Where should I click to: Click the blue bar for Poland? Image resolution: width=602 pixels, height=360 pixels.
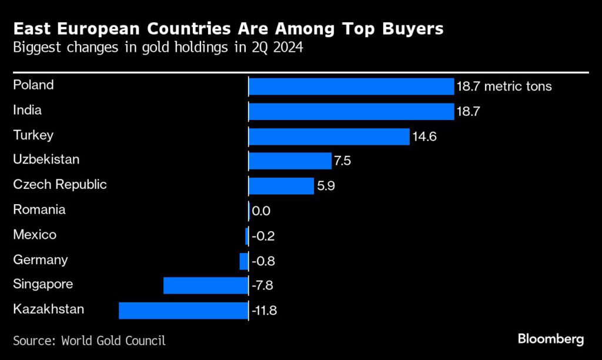click(351, 86)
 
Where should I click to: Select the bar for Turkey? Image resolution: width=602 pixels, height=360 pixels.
click(329, 136)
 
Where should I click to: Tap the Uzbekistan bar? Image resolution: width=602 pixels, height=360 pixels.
click(290, 161)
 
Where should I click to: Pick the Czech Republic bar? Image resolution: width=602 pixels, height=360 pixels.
click(281, 186)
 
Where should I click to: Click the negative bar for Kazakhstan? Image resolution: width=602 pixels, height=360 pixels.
click(183, 311)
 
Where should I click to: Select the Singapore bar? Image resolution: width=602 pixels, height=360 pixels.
click(206, 286)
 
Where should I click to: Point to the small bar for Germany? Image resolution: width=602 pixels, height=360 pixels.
click(244, 261)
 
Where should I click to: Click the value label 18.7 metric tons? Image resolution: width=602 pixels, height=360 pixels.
click(504, 86)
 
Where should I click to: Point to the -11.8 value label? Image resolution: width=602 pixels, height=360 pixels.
click(264, 311)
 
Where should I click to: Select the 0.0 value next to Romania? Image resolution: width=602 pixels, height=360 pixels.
click(261, 211)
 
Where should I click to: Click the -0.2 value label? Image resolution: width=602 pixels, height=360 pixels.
click(263, 236)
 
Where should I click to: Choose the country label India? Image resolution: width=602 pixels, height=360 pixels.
click(28, 110)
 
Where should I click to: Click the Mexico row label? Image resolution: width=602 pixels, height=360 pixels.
click(35, 235)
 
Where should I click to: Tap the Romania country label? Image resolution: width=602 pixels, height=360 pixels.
click(39, 210)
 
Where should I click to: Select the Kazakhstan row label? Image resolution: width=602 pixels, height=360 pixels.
click(48, 309)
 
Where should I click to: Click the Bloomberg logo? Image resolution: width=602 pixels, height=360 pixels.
click(550, 339)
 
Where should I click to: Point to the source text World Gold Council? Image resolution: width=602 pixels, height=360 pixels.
click(113, 340)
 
